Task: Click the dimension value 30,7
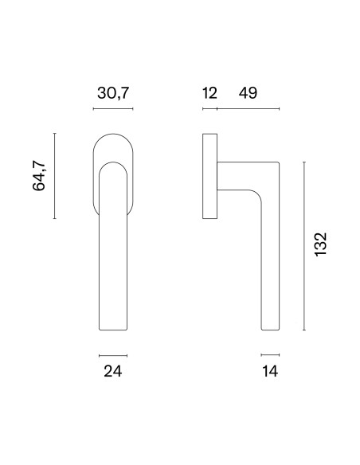tap(113, 93)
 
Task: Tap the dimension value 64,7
tap(39, 175)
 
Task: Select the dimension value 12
tap(209, 93)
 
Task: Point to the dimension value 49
tap(248, 93)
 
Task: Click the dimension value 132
tap(320, 244)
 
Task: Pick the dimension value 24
tap(113, 371)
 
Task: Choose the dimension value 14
tap(270, 371)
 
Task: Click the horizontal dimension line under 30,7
tap(113, 109)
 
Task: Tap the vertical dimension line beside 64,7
tap(55, 176)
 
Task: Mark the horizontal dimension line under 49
tap(248, 109)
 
